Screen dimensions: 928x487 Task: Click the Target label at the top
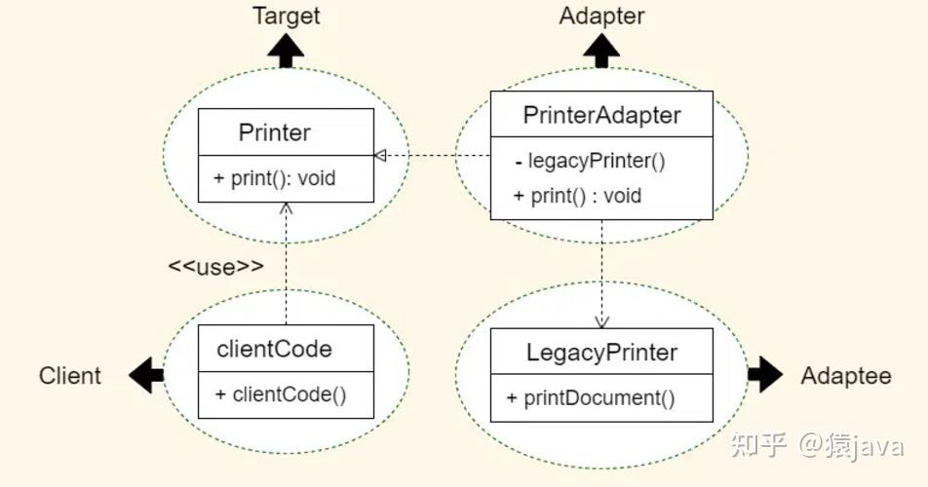click(x=287, y=16)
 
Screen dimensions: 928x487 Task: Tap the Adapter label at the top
click(x=601, y=16)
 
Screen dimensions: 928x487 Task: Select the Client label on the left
click(x=70, y=375)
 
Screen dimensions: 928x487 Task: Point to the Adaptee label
click(x=846, y=376)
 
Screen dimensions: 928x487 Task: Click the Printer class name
click(x=274, y=132)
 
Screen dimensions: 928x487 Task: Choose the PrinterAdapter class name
click(x=601, y=115)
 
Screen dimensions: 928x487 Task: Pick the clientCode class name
click(x=274, y=349)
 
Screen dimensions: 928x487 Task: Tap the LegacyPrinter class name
click(x=601, y=353)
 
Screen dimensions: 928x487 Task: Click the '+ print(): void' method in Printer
click(x=275, y=178)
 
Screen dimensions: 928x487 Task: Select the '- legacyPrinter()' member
click(x=590, y=161)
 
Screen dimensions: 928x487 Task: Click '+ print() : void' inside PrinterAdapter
click(x=578, y=196)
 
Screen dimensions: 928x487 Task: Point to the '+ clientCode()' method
click(x=281, y=394)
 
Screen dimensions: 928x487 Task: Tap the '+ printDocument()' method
click(x=591, y=397)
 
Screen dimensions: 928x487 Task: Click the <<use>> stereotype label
click(x=216, y=267)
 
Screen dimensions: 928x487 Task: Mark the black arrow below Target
click(x=286, y=51)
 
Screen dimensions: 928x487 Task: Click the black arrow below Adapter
click(x=601, y=51)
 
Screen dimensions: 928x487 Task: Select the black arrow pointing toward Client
click(x=146, y=375)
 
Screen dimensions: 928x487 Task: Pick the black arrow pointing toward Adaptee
click(x=765, y=375)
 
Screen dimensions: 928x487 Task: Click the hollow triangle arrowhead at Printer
click(x=380, y=156)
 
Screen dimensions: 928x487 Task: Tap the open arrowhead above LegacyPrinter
click(x=601, y=322)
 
